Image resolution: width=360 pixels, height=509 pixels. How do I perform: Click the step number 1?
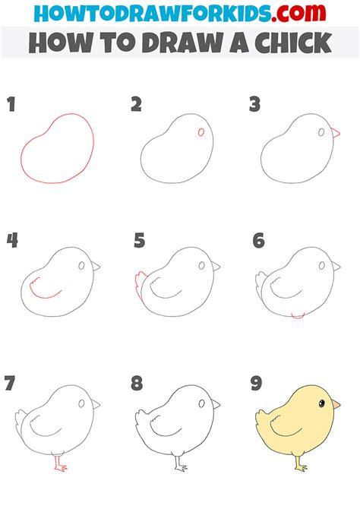coord(11,105)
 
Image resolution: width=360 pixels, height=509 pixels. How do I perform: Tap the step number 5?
coord(139,241)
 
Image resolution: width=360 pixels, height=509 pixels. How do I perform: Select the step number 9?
coord(256,383)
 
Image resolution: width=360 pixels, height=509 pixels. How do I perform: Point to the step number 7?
coord(10,383)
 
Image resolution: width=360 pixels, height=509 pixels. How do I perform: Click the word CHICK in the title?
coord(293,43)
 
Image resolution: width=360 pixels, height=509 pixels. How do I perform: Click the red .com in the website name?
coord(298,13)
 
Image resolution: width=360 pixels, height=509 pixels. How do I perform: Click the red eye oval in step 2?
coord(201,132)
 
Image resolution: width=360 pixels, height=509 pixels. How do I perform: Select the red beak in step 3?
coord(336,132)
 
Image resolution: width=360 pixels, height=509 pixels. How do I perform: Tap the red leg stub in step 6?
coord(298,316)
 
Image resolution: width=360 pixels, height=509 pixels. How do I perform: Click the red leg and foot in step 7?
coord(59,463)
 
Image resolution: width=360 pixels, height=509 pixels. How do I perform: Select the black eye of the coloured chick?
coord(322,403)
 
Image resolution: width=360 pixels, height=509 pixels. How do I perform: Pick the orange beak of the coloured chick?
coord(336,404)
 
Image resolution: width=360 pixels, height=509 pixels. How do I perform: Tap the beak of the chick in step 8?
coord(216,404)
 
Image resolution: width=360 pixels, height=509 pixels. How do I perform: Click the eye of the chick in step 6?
coord(322,266)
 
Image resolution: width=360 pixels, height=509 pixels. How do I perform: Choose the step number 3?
coord(255,105)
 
